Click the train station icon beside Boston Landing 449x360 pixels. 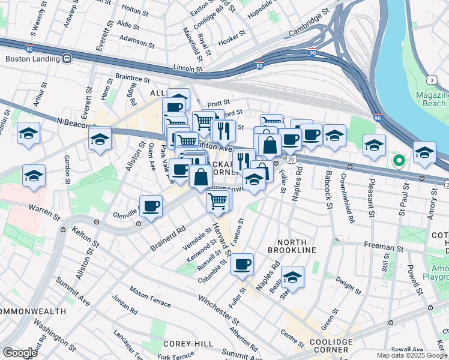[x=67, y=59]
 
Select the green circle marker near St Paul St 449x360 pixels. [x=397, y=160]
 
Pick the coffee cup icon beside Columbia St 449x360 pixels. [x=242, y=264]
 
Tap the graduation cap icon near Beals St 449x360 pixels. [x=292, y=277]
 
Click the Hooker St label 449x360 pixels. [x=231, y=42]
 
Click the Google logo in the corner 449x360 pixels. [x=20, y=353]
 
